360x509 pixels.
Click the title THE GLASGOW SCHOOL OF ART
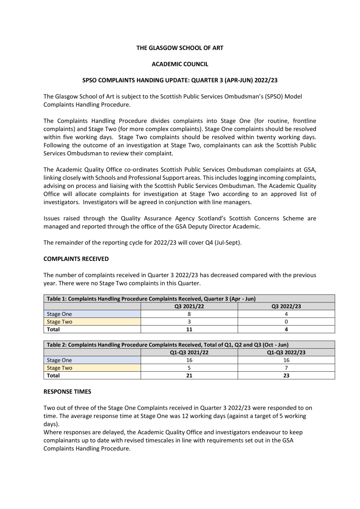pos(180,48)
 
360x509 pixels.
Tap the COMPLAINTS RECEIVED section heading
pos(76,259)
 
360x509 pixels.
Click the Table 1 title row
pos(150,299)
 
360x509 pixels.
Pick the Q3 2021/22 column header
pos(189,306)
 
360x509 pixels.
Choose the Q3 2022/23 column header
pos(286,306)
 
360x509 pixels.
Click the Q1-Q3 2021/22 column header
pos(189,352)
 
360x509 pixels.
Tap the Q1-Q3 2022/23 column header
pos(286,352)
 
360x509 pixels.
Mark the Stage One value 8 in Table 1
pos(189,314)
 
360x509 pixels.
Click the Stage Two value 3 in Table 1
pos(189,322)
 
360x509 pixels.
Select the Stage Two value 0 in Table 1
pos(286,322)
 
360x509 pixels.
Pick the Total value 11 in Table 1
pos(189,329)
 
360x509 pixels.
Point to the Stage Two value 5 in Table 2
pos(189,367)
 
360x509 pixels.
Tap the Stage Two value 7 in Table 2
pos(286,367)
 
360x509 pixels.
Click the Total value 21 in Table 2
pos(189,375)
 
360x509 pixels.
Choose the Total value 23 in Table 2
pos(286,375)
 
